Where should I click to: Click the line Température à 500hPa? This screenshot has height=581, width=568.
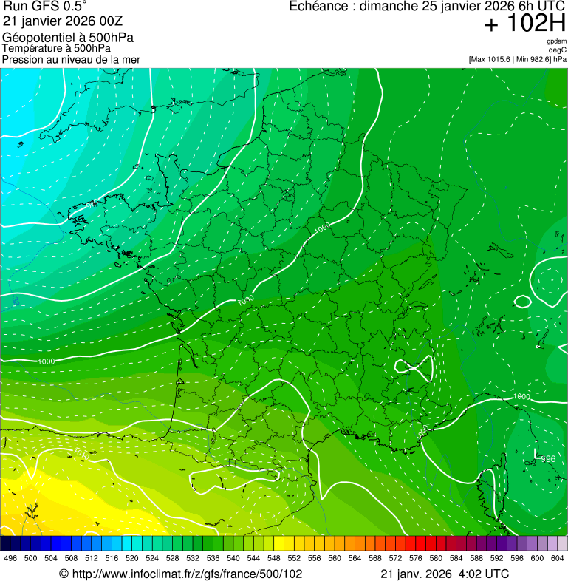[x=58, y=48]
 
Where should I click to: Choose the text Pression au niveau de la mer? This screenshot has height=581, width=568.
[x=71, y=59]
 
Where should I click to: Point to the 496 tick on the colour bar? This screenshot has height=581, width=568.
[x=10, y=558]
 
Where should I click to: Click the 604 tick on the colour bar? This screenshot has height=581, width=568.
[x=558, y=558]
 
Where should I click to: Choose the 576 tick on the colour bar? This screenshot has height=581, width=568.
[x=416, y=558]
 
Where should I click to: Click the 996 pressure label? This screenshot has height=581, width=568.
[x=547, y=459]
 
